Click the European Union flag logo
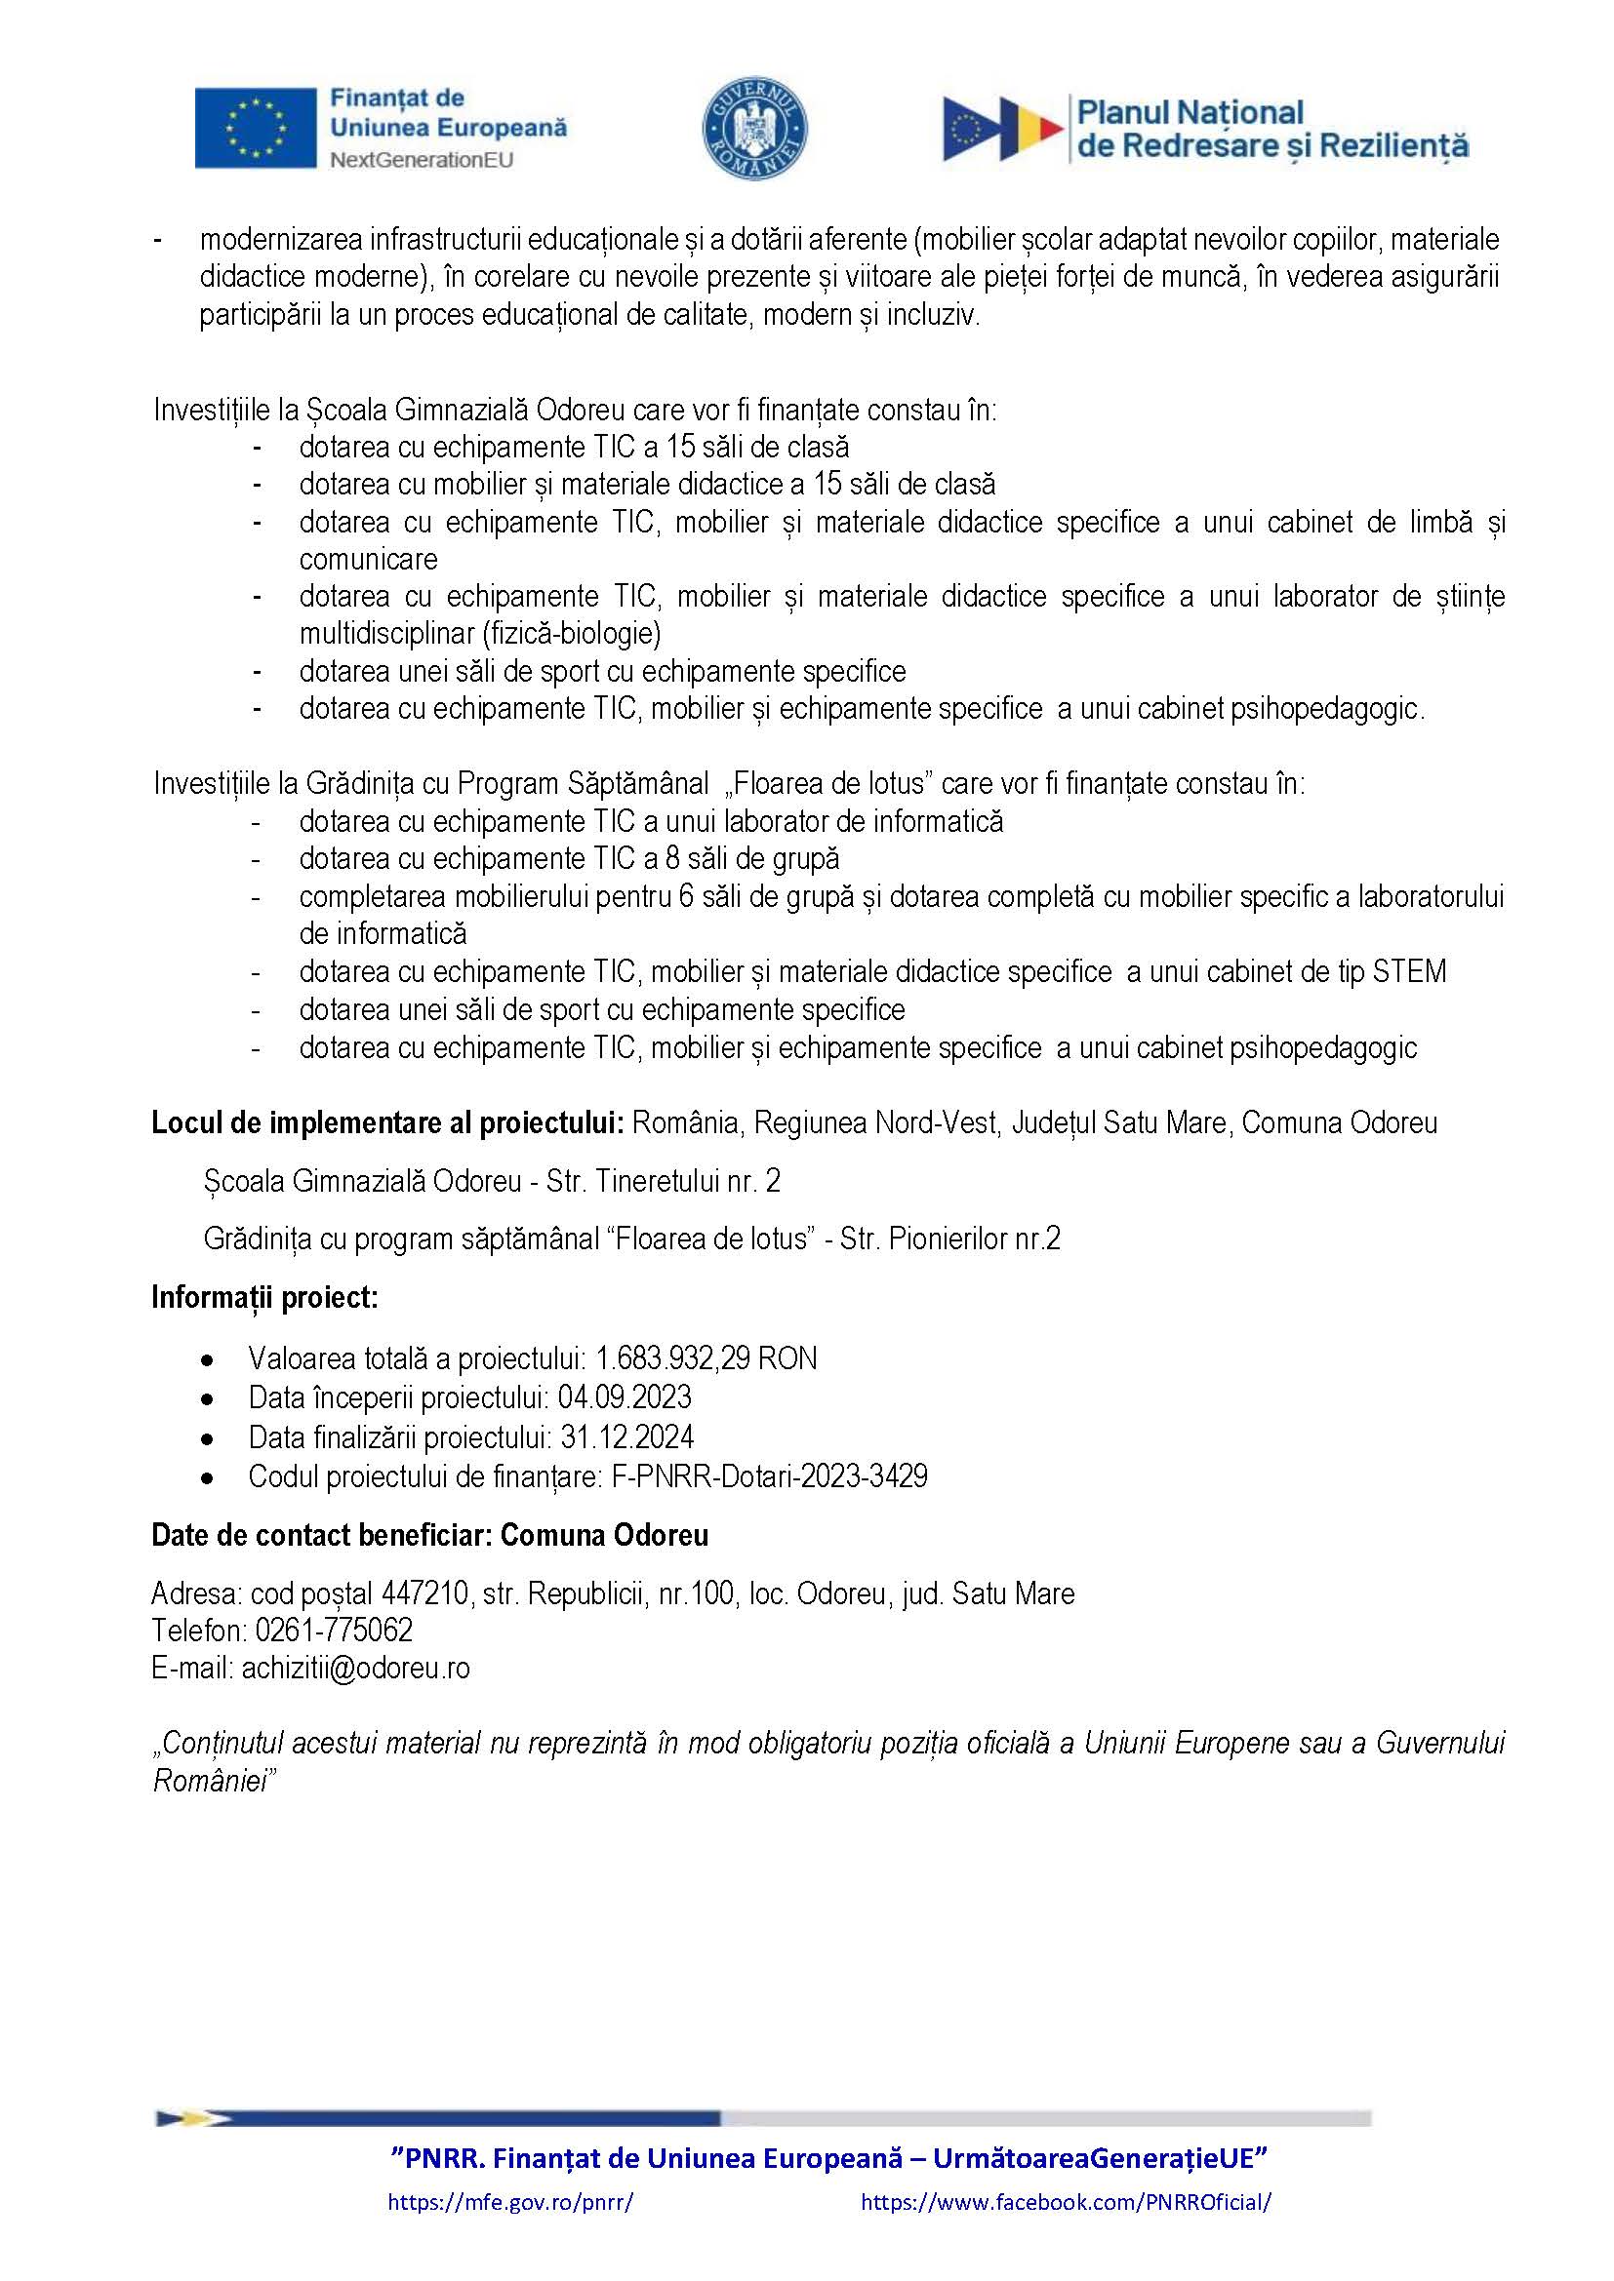tap(255, 128)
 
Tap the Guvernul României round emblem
tap(755, 129)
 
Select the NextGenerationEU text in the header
tap(422, 160)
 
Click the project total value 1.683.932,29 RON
tap(706, 1358)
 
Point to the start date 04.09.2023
tap(625, 1397)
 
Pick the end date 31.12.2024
tap(627, 1437)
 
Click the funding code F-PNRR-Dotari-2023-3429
tap(769, 1476)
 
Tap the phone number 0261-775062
tap(334, 1631)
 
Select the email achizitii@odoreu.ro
tap(356, 1668)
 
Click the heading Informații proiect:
tap(264, 1297)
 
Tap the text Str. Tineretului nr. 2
tap(663, 1181)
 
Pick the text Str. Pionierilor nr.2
tap(950, 1239)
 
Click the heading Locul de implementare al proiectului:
tap(387, 1122)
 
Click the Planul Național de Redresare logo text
tap(1272, 129)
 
